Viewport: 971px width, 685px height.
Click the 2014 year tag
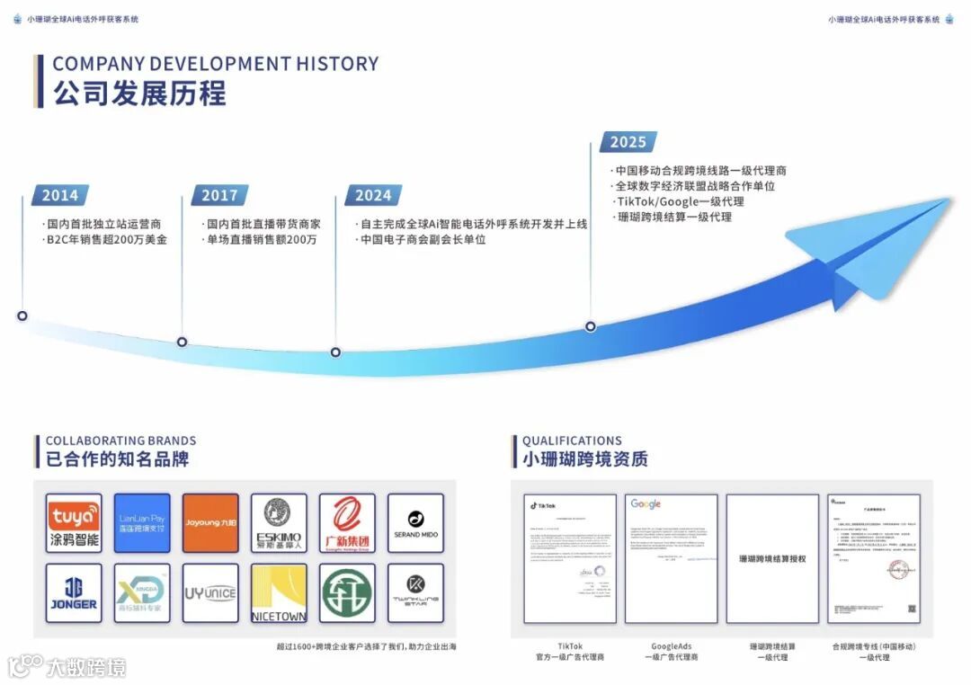[60, 195]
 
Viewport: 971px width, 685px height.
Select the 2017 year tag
[219, 195]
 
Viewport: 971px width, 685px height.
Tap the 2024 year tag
[373, 195]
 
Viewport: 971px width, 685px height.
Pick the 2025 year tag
[628, 141]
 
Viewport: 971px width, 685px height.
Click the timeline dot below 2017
[182, 342]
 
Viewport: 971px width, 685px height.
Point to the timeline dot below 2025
[591, 326]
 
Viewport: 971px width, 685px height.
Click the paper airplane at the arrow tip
[863, 247]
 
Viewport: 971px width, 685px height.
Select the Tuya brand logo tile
[74, 523]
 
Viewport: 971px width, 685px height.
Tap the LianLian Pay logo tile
[142, 523]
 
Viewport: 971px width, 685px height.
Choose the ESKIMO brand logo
[279, 523]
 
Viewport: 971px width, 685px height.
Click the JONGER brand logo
[74, 593]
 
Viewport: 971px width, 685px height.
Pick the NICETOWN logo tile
[279, 593]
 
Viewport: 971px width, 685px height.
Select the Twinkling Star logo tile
[415, 593]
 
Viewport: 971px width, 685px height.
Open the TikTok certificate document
[570, 558]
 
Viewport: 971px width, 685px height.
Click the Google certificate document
[671, 558]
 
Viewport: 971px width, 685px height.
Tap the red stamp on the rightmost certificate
[899, 569]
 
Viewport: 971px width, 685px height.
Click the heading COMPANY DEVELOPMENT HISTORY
[216, 64]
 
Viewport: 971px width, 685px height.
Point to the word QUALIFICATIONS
[572, 440]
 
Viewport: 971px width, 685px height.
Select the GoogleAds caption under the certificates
[671, 646]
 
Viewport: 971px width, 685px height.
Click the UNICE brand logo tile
[210, 593]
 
